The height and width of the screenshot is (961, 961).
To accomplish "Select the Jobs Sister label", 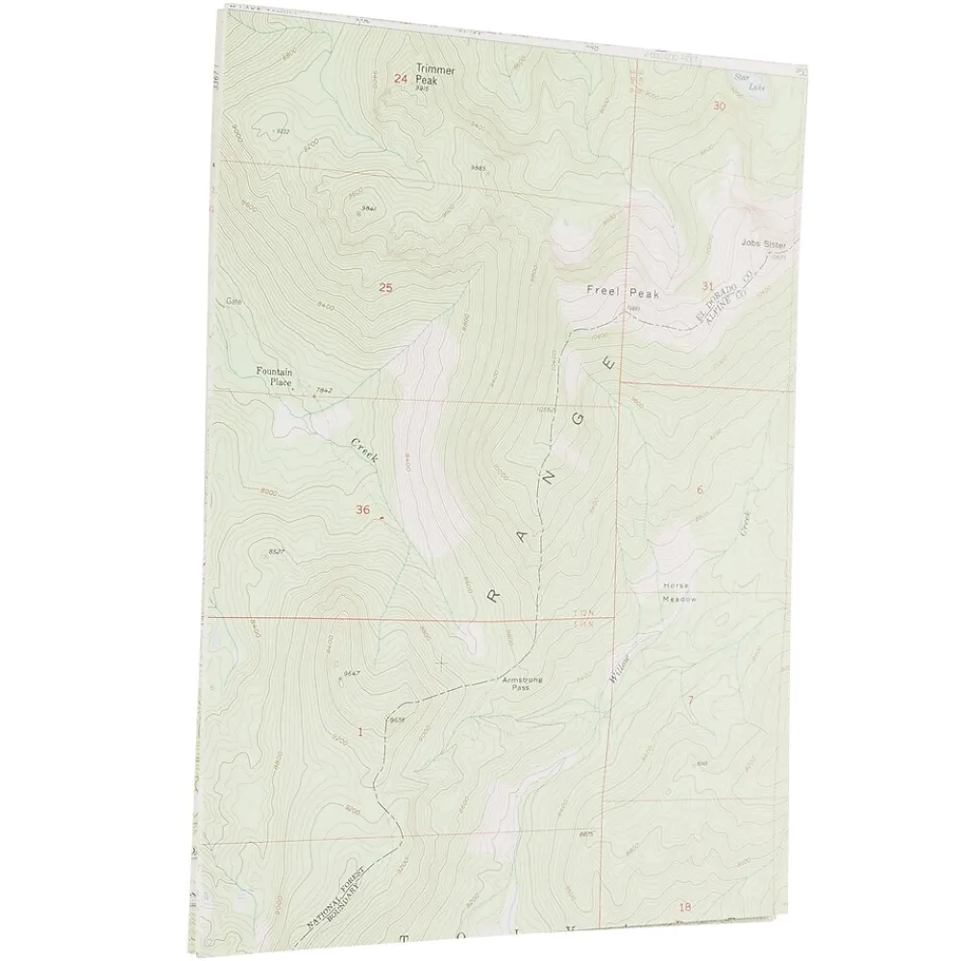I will [764, 244].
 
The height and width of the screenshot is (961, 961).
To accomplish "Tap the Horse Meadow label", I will [677, 592].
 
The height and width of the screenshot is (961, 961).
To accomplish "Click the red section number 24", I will [401, 79].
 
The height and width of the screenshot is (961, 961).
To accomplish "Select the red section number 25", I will [385, 287].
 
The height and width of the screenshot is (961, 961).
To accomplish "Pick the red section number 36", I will [361, 509].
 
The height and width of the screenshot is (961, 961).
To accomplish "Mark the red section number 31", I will [708, 285].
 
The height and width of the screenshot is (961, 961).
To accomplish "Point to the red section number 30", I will [719, 107].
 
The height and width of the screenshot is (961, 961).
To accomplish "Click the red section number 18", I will [684, 906].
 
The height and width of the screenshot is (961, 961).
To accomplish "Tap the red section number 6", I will [700, 490].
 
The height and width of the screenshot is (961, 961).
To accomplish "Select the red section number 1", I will [359, 731].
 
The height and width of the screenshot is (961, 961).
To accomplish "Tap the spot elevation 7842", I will [323, 390].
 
